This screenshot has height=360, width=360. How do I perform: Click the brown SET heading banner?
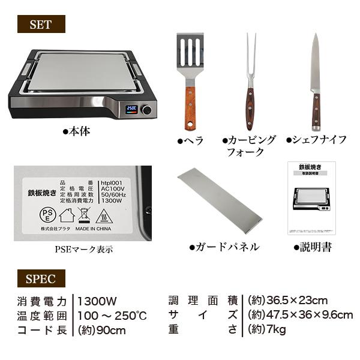click(x=39, y=25)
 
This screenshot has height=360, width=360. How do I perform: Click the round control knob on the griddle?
click(x=146, y=110)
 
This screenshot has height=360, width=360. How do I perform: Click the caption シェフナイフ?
click(x=316, y=140)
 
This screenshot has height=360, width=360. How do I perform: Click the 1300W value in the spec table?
click(x=98, y=300)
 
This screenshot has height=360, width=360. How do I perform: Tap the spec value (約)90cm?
click(x=101, y=330)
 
